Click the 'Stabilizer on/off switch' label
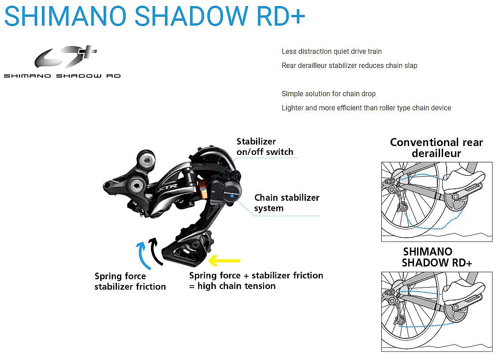point(265,146)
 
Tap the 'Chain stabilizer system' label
point(286,202)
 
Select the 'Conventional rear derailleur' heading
point(436,148)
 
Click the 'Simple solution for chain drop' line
point(328,94)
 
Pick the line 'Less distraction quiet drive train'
point(331,52)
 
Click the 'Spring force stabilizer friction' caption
point(130,281)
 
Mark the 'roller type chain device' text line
point(366,108)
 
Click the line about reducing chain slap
point(349,66)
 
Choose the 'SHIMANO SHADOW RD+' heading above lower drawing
point(437,257)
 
